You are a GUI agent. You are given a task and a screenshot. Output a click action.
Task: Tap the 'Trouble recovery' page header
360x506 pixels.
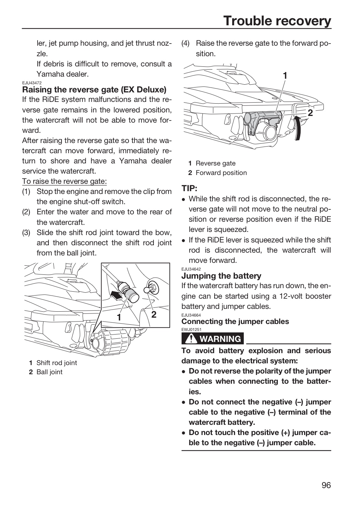pyautogui.click(x=277, y=21)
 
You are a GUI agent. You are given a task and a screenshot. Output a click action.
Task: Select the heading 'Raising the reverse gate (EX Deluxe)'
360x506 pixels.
pyautogui.click(x=94, y=90)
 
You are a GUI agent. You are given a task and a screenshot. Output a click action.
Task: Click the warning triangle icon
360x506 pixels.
pyautogui.click(x=191, y=339)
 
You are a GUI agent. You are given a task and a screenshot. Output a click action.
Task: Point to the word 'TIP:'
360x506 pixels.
pyautogui.click(x=189, y=188)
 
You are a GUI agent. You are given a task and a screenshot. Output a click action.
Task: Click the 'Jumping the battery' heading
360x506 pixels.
pyautogui.click(x=221, y=276)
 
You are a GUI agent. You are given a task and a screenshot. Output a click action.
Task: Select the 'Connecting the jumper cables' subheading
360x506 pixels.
pyautogui.click(x=235, y=322)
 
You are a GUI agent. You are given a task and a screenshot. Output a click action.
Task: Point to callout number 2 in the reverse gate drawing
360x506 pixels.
pyautogui.click(x=310, y=113)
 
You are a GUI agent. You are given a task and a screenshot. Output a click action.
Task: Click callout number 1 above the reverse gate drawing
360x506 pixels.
pyautogui.click(x=285, y=76)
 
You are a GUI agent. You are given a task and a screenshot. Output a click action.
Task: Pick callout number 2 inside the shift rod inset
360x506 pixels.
pyautogui.click(x=154, y=314)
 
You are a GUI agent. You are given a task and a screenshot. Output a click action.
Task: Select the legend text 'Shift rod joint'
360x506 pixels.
pyautogui.click(x=57, y=363)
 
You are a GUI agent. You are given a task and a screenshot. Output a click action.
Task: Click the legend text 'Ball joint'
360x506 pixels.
pyautogui.click(x=50, y=372)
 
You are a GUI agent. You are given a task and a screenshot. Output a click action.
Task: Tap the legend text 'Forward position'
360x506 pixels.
pyautogui.click(x=221, y=173)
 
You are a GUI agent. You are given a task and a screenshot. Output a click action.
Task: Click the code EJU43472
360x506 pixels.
pyautogui.click(x=32, y=83)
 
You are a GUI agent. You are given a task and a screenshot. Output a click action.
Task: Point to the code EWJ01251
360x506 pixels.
pyautogui.click(x=191, y=330)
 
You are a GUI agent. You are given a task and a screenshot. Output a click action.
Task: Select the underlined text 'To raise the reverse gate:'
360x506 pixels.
pyautogui.click(x=64, y=181)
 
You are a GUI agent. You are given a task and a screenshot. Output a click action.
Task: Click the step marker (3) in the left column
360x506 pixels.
pyautogui.click(x=26, y=233)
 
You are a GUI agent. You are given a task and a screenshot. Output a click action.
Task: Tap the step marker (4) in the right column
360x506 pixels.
pyautogui.click(x=185, y=43)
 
